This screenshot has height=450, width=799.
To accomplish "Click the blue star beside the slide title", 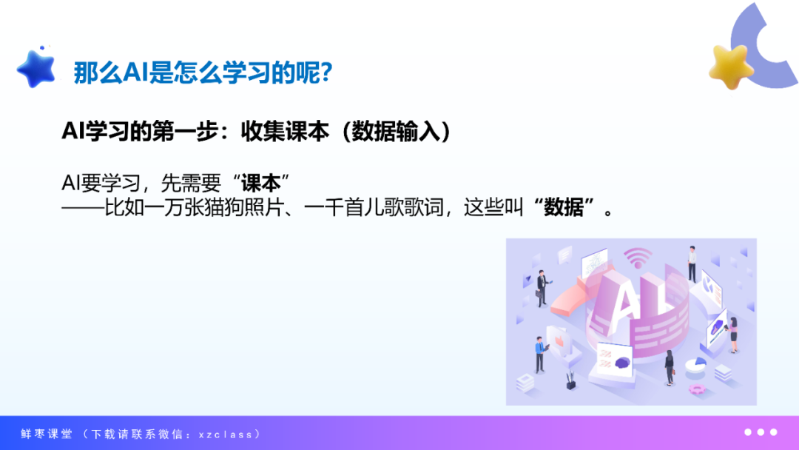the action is tap(36, 69).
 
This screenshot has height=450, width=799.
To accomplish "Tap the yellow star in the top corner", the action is tap(731, 67).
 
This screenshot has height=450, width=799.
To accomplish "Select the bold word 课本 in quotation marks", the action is tap(261, 183).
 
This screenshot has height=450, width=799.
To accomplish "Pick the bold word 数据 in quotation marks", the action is tap(564, 207).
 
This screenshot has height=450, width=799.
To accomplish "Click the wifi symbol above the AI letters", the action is tap(638, 258).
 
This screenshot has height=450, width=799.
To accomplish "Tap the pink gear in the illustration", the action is tap(696, 389).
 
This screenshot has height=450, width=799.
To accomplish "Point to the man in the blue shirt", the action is tap(539, 355).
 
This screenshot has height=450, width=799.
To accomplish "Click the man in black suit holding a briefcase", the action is tap(541, 288).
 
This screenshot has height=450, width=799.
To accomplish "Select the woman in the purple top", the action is tap(733, 335).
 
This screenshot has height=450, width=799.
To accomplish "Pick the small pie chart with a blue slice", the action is tap(696, 365).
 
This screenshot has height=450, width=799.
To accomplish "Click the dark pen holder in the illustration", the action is tap(570, 381).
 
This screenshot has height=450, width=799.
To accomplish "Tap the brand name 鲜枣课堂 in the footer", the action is tap(47, 434).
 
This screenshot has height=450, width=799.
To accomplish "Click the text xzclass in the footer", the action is tap(225, 434).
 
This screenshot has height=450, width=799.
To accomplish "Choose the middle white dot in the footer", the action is tap(761, 432).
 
